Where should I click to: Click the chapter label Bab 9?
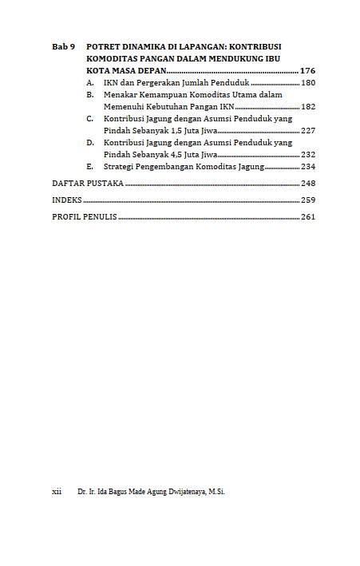point(62,47)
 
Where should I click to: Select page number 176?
point(307,71)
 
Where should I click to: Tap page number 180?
point(308,83)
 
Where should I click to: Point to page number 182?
point(308,106)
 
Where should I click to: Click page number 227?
point(308,130)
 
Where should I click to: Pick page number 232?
point(308,154)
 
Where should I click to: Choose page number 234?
point(308,167)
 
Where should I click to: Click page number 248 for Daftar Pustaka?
point(308,183)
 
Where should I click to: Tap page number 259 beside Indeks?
point(308,200)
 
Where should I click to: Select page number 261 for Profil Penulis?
point(308,216)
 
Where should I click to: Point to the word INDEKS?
point(66,200)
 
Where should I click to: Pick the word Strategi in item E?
point(120,167)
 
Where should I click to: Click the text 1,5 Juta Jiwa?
point(191,130)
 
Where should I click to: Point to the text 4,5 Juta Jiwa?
point(191,154)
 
